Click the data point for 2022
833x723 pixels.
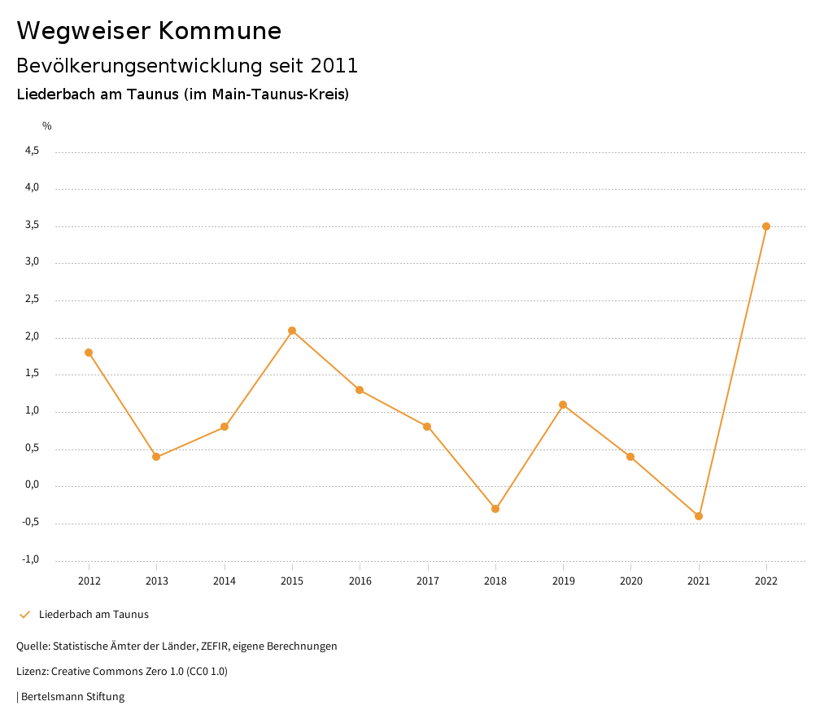(x=766, y=226)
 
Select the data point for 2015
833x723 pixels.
(x=292, y=331)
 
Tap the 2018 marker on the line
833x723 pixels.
(x=495, y=509)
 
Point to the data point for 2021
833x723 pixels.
(x=699, y=516)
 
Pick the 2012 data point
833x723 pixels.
(x=89, y=353)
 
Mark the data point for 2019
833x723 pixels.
(x=563, y=405)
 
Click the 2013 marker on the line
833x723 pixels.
(x=156, y=457)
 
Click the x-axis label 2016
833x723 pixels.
(x=360, y=581)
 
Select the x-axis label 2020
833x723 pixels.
(x=630, y=581)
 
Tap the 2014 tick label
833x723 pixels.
(x=224, y=581)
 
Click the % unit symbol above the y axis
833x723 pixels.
(x=47, y=125)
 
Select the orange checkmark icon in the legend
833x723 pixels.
(x=24, y=615)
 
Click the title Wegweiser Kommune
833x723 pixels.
(x=149, y=31)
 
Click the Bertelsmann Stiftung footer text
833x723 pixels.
(x=72, y=697)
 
